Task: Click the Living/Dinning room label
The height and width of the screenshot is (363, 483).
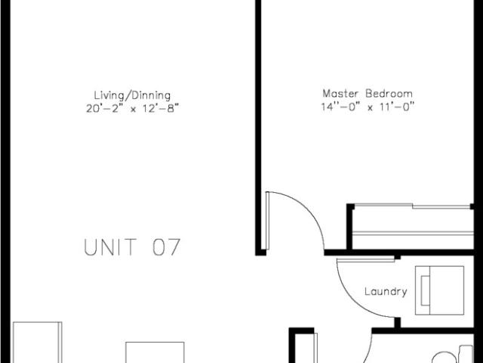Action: coord(132,95)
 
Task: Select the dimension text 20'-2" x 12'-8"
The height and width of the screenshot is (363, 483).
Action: coord(133,109)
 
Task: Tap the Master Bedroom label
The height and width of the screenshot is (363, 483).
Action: coord(368,93)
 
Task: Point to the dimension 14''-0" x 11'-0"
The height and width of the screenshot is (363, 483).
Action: coord(368,107)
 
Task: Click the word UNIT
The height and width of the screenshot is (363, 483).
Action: coord(110,247)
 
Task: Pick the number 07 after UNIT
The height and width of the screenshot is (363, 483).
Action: coord(166,247)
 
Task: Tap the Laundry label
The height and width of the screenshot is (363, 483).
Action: coord(386,292)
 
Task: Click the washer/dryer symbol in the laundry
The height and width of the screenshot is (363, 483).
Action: coord(439,290)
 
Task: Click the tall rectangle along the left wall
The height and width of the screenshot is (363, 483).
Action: coord(37,343)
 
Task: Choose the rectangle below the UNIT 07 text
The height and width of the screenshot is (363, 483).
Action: coord(155,352)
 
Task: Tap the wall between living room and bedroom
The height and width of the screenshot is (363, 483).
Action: coord(258,126)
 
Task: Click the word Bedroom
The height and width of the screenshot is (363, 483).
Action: coord(389,93)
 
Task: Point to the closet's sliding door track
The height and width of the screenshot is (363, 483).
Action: coord(412,206)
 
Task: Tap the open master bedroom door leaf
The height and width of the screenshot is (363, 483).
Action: coord(268,221)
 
